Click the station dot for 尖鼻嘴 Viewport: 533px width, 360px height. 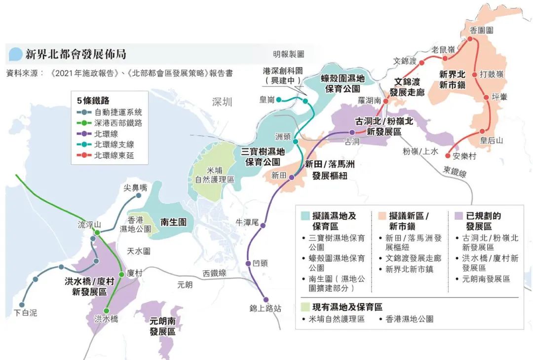[x=138, y=196]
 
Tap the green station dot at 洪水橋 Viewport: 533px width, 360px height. [x=107, y=310]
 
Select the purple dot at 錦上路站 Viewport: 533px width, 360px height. [x=266, y=299]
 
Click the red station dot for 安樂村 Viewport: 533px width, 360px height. [x=448, y=156]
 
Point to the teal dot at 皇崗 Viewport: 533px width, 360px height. [x=279, y=100]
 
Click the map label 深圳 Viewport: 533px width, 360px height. [x=222, y=102]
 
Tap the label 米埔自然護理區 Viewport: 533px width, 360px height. [x=215, y=175]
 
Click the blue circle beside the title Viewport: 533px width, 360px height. [x=15, y=54]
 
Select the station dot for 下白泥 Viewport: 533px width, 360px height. [x=22, y=305]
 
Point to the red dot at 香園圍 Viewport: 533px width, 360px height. [x=470, y=39]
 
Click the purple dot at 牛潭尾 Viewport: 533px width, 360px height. [x=263, y=225]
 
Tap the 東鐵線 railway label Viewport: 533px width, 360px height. [x=455, y=172]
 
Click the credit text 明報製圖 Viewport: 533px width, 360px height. [x=288, y=54]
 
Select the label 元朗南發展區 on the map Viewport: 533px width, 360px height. [x=162, y=326]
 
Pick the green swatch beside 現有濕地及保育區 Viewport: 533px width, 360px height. [x=305, y=307]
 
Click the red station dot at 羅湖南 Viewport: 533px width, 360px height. [x=386, y=101]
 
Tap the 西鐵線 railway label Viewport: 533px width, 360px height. [x=215, y=273]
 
